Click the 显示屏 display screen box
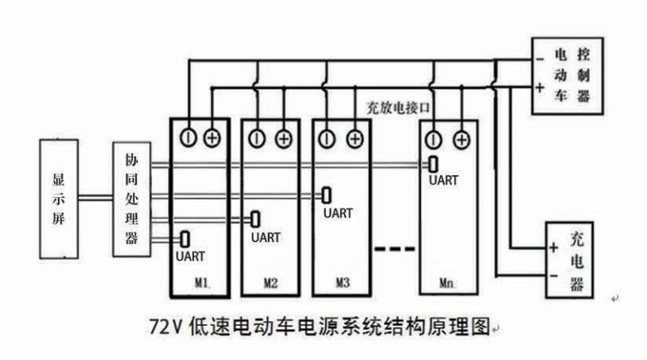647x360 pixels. tap(59, 200)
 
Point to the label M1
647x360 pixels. tap(202, 284)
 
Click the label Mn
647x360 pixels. tap(447, 284)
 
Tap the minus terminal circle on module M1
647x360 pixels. tap(187, 138)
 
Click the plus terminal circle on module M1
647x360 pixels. tap(212, 138)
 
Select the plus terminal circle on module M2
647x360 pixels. tap(283, 138)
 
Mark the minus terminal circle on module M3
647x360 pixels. tap(328, 138)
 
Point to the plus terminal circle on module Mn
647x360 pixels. tap(460, 138)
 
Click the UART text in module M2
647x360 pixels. tap(266, 238)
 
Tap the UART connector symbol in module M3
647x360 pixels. tap(326, 195)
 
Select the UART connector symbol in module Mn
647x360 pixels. tap(434, 165)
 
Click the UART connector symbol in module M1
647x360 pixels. tap(185, 239)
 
